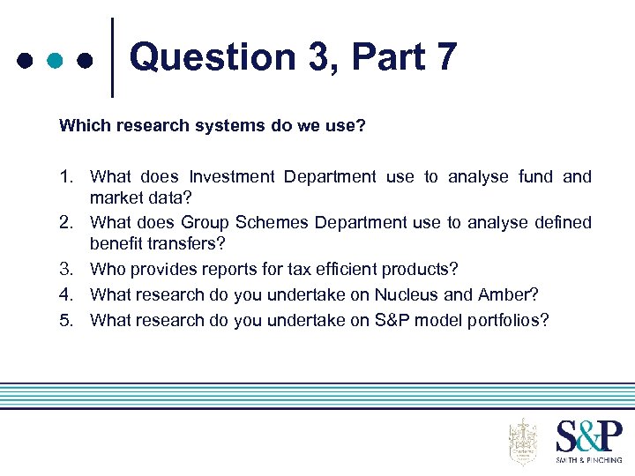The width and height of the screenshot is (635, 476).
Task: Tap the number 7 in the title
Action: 445,57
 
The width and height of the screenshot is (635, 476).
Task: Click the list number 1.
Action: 67,177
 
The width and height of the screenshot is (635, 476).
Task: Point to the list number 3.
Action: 67,269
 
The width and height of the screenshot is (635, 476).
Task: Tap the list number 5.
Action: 67,320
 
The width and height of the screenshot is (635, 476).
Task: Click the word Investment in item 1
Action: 233,177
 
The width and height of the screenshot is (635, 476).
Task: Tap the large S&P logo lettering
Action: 588,436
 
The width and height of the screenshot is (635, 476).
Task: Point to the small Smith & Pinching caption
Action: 588,459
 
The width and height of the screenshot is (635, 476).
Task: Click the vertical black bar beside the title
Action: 112,57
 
